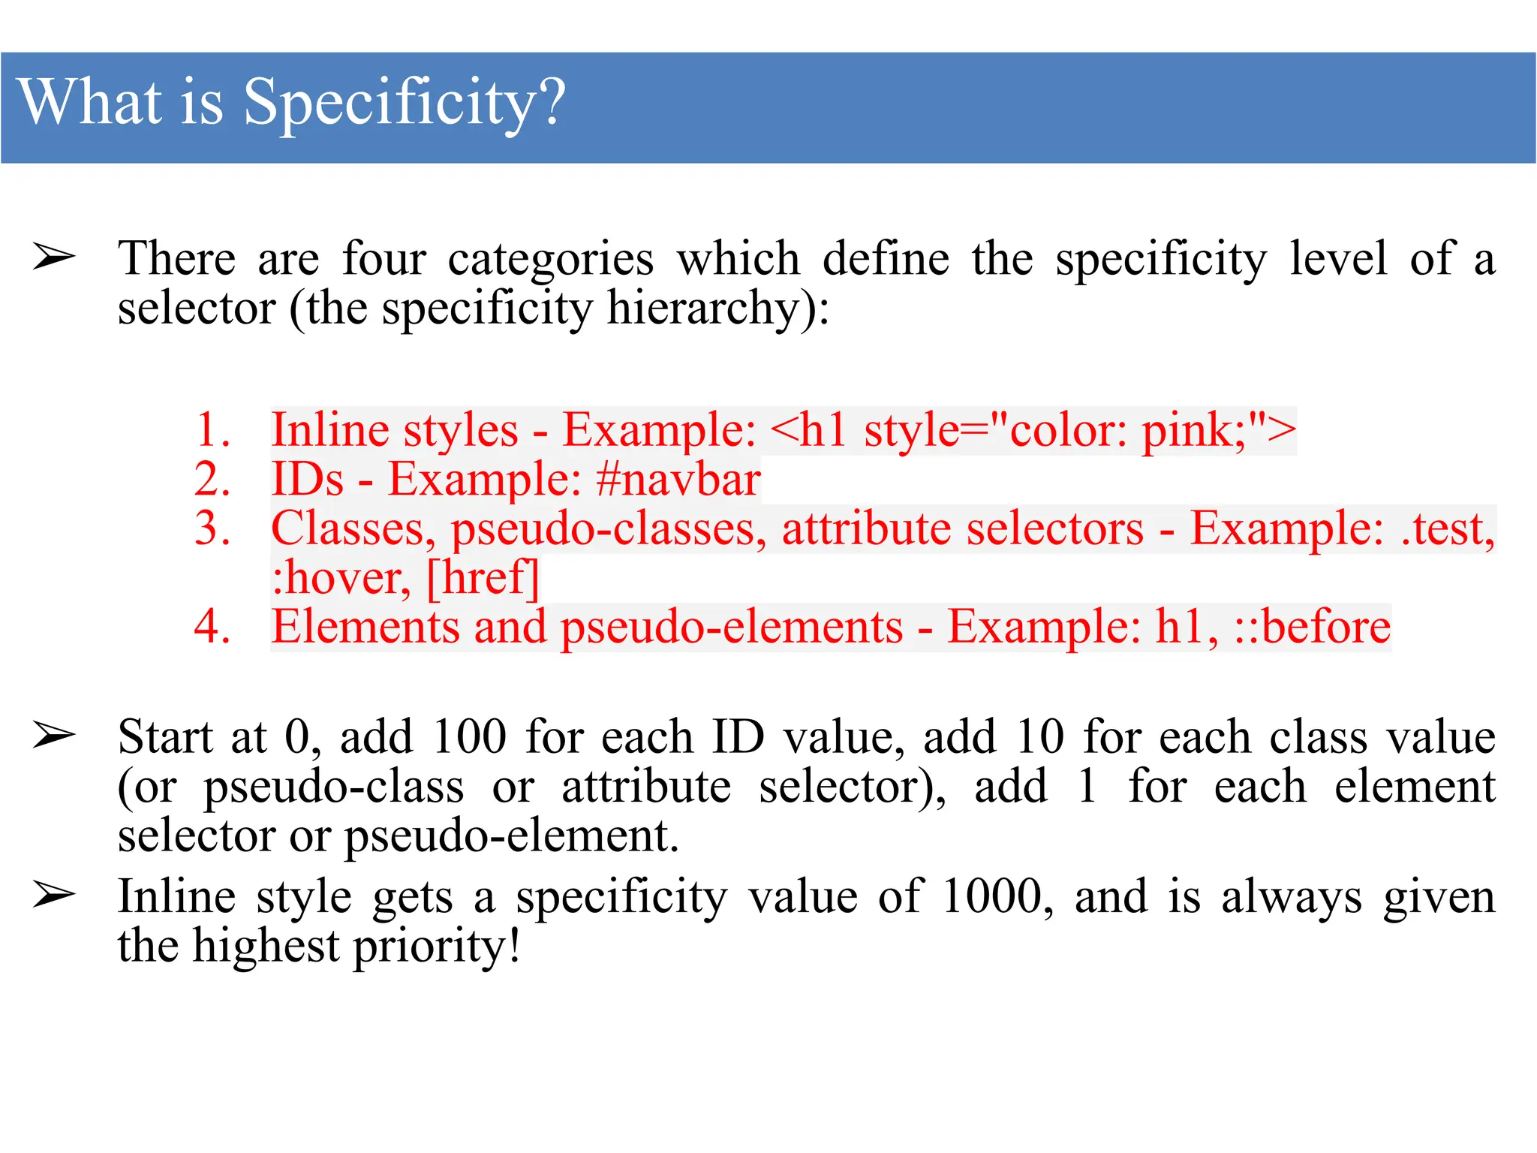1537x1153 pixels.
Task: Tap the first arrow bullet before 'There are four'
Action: [x=54, y=257]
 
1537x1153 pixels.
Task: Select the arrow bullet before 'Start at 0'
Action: [x=54, y=736]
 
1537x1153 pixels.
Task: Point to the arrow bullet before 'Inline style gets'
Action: [x=54, y=896]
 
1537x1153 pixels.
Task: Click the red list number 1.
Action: [x=212, y=430]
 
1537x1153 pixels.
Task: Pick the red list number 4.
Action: [x=212, y=626]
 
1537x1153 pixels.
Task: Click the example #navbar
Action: [x=678, y=479]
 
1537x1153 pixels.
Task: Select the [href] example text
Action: [x=483, y=578]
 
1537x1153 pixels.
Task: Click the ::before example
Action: [x=1313, y=626]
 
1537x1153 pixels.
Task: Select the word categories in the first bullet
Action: [x=551, y=259]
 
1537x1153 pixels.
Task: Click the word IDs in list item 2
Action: [x=308, y=479]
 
